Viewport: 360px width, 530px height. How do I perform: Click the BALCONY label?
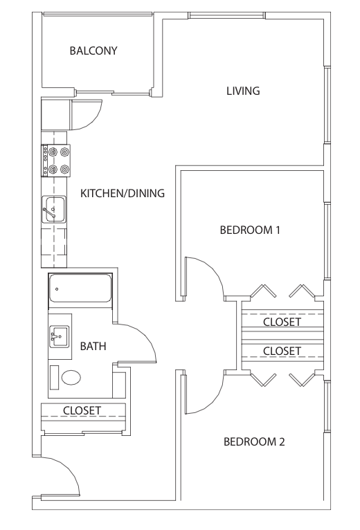[93, 51]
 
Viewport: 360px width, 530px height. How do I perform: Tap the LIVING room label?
[243, 91]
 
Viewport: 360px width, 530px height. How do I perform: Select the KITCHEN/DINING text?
[123, 193]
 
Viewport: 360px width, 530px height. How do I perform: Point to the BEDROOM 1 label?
[250, 230]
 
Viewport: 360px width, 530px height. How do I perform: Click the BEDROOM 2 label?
[254, 441]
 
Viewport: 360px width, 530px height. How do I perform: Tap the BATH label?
[93, 346]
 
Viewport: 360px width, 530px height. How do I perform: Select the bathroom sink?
[60, 336]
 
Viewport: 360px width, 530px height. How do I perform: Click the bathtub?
[80, 288]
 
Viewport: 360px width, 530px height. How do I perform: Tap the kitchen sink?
[53, 209]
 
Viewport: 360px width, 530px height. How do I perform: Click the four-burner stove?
[56, 161]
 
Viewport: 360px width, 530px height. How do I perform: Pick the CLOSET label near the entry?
[82, 411]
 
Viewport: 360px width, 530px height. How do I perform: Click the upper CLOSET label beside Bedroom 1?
[282, 322]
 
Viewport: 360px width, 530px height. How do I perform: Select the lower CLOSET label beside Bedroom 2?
[282, 351]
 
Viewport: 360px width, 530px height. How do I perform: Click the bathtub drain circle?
[57, 289]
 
